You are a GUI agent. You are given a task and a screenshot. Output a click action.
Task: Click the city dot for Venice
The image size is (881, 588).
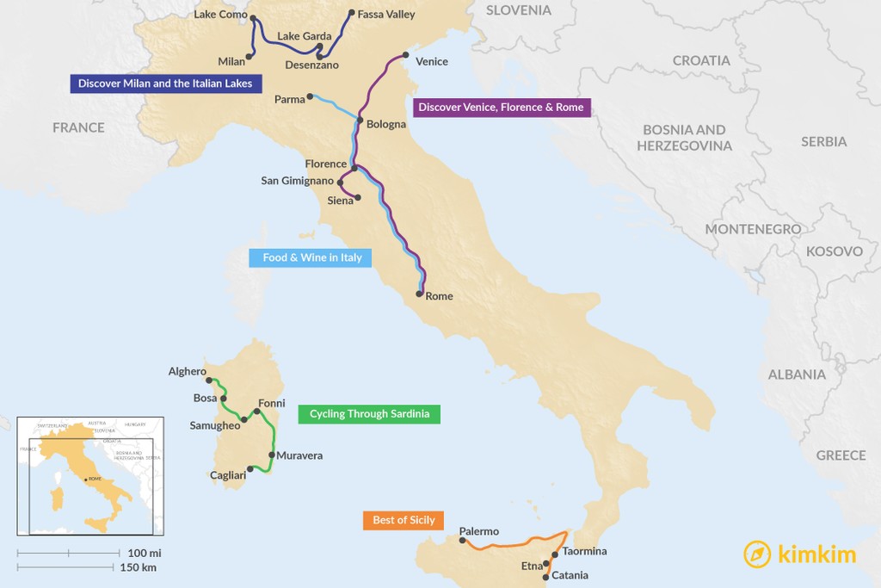pos(405,55)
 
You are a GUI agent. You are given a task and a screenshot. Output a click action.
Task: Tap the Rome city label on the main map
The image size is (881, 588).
pos(439,296)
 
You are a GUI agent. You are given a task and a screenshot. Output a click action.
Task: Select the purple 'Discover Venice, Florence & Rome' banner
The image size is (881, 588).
pos(501,108)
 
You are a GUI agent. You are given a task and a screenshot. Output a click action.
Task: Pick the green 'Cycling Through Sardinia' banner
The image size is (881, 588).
pos(369,414)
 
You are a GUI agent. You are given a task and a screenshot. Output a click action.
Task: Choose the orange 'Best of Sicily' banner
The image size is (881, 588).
pos(404,520)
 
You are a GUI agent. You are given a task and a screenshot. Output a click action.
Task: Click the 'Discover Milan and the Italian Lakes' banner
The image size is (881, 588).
pos(165,84)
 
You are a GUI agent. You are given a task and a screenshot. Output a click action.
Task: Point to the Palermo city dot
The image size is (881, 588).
pos(463,541)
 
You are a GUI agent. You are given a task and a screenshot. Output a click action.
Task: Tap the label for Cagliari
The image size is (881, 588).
pos(228,475)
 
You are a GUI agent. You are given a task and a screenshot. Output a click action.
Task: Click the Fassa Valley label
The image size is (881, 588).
pos(386,14)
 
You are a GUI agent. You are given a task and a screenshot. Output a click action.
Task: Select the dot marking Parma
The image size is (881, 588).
pos(310,96)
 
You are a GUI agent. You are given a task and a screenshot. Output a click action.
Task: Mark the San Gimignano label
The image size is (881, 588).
pos(297,181)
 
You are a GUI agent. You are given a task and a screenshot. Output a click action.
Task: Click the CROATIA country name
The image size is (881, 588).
pos(701,60)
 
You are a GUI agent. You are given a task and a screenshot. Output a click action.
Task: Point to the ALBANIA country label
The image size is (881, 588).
pos(797,374)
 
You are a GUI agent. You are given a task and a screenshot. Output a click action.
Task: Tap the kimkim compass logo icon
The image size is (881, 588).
pos(757,554)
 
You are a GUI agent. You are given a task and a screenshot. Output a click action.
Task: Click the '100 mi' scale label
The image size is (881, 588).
pos(144,552)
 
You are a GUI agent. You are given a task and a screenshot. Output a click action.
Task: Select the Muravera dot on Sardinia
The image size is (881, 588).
pos(271,455)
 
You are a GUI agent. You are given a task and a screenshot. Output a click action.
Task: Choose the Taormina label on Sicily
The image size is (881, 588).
pos(584,551)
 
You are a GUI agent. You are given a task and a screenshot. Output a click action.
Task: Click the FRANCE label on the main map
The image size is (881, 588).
pos(78,127)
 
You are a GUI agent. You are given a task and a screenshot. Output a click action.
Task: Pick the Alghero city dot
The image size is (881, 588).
pos(209,380)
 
